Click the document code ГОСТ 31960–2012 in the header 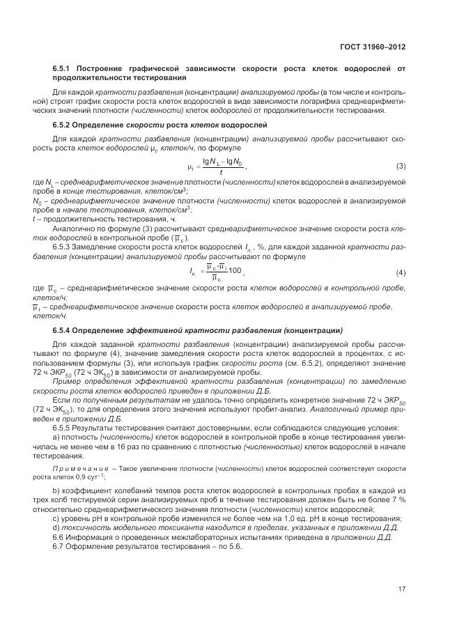click(373, 47)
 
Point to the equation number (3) click(401, 166)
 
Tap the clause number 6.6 click(59, 537)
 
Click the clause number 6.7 click(59, 545)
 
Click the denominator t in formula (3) click(220, 173)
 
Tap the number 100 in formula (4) click(236, 270)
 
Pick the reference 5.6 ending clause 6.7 click(235, 545)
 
